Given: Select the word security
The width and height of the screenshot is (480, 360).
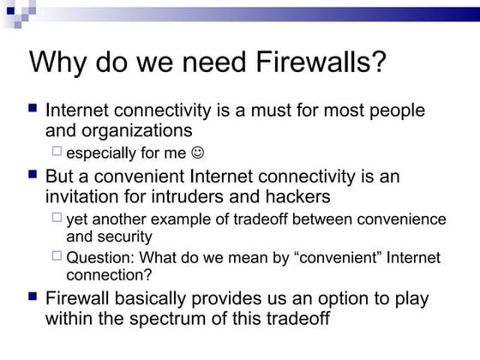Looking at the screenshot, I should point(125,236).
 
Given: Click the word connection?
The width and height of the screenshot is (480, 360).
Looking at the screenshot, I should point(109,274).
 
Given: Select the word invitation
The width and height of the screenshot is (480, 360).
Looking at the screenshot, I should point(80,196).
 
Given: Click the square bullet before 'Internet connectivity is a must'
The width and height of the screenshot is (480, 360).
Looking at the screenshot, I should point(33,109).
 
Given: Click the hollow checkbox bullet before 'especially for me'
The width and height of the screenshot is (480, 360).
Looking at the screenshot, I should point(57,153).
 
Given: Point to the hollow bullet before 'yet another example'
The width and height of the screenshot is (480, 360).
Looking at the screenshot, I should point(57,218).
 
